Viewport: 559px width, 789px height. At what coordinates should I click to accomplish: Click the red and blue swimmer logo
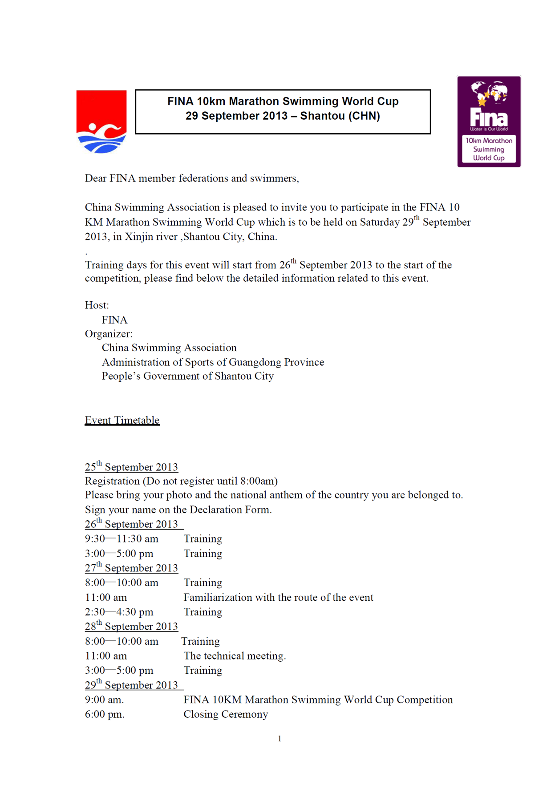coord(101,121)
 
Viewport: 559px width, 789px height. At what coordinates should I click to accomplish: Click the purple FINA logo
coord(489,121)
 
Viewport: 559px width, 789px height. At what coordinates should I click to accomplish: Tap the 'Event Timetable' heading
coord(122,420)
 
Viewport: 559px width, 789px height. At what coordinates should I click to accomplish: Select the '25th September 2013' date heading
coord(131,467)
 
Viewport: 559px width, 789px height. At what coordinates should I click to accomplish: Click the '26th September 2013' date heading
coord(131,524)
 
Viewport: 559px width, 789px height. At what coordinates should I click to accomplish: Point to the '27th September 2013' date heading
coord(131,568)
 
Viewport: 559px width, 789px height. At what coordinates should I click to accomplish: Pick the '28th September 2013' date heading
coord(131,626)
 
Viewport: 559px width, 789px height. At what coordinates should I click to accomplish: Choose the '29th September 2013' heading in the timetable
coord(131,685)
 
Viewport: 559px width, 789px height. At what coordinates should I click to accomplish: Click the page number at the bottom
coord(279,739)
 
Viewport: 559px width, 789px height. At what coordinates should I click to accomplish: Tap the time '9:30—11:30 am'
coord(122,539)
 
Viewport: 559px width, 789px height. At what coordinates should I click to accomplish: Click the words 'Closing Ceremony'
coord(226,714)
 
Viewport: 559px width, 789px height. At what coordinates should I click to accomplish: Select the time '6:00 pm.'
coord(105,714)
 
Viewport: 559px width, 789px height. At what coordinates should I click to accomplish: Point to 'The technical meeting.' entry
coord(235,656)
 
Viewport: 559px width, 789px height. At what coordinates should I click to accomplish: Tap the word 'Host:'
coord(97,305)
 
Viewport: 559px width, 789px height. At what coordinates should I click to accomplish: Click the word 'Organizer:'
coord(109,334)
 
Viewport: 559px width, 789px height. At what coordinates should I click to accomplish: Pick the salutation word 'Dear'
coord(96,178)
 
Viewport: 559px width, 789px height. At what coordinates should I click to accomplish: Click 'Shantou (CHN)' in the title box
coord(340,116)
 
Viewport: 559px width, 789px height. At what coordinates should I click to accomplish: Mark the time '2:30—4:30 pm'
coord(119,612)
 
